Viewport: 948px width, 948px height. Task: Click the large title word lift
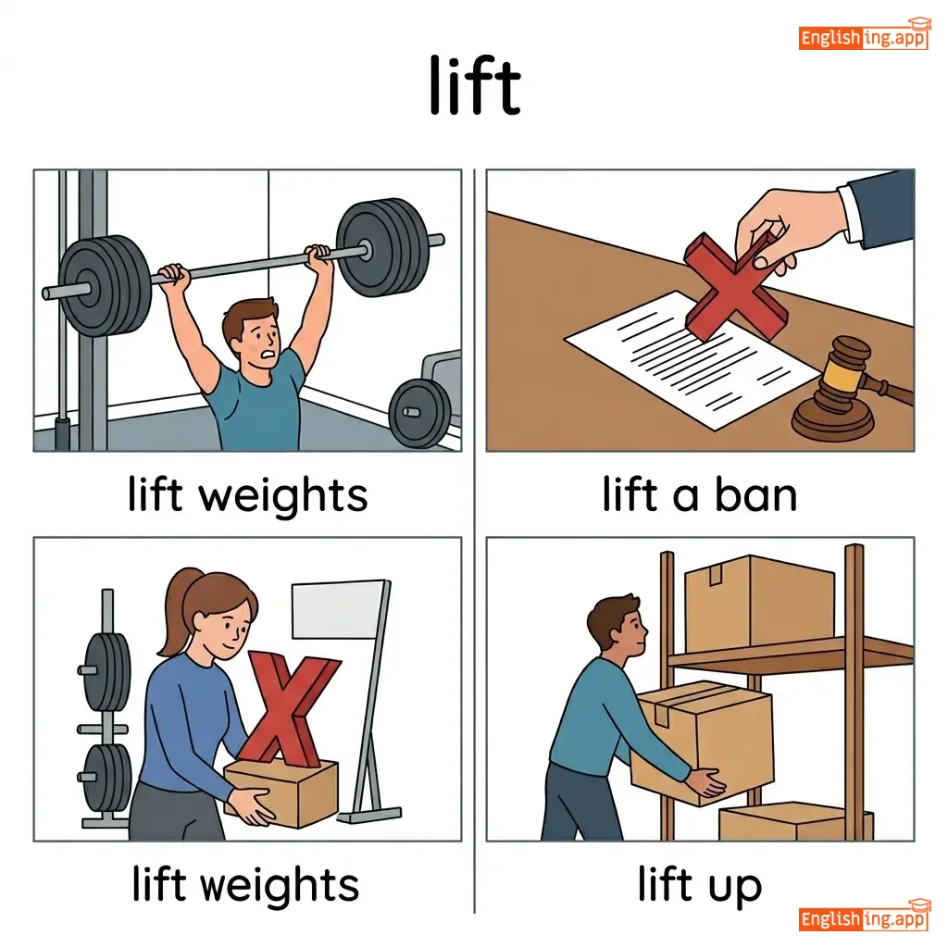tap(475, 85)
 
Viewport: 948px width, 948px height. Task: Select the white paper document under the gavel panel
tap(692, 360)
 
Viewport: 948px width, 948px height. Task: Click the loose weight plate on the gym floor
tap(419, 414)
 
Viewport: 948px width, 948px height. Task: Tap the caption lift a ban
tap(700, 495)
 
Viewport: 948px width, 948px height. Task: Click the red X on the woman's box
tap(289, 708)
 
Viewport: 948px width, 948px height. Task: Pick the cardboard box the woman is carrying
tap(281, 792)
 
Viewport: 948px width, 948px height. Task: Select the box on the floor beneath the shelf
tap(795, 822)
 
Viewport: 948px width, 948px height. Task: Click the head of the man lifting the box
tap(617, 628)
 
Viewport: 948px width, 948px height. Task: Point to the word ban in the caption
tap(756, 495)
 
